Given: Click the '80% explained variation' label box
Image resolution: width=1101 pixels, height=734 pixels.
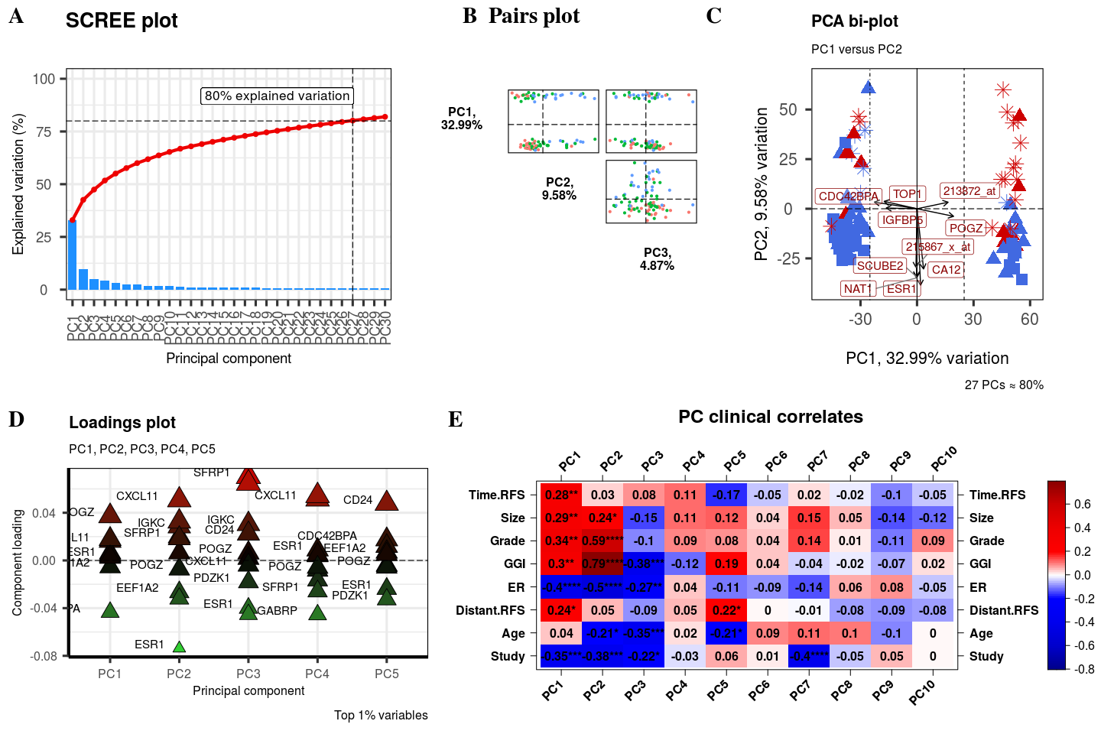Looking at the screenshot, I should (x=277, y=96).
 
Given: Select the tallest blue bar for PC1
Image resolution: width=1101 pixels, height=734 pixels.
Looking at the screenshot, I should (x=73, y=255).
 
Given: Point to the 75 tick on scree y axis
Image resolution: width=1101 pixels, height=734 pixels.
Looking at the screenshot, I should (x=44, y=132).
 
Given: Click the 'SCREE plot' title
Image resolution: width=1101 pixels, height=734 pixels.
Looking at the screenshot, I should (x=122, y=21).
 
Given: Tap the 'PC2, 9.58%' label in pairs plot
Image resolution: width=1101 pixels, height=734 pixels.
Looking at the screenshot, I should (x=559, y=189).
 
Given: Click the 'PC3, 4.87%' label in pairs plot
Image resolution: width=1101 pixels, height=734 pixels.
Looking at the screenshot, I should (x=657, y=259).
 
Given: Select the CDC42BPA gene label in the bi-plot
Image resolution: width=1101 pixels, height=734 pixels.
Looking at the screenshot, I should (x=848, y=196).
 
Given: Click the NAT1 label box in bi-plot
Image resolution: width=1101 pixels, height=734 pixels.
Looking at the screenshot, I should (x=857, y=289).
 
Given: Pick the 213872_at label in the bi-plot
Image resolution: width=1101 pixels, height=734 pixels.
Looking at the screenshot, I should (x=969, y=191).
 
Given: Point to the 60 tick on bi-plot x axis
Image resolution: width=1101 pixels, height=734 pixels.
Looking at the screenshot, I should (x=1029, y=320).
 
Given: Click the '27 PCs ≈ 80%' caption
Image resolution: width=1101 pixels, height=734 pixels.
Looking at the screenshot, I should (x=1003, y=385).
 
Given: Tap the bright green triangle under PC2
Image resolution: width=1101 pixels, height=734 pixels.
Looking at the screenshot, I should (x=179, y=647).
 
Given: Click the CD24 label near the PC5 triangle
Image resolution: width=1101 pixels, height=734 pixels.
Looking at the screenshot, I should (x=358, y=500).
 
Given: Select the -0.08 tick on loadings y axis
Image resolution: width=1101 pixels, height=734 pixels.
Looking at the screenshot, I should (x=44, y=656).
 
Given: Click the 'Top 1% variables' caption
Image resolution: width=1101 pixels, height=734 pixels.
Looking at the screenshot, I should (x=381, y=716).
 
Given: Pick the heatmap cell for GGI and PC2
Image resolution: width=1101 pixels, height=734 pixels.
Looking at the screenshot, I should (x=602, y=564).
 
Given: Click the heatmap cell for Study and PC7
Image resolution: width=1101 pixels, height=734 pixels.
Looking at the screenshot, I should (x=809, y=656).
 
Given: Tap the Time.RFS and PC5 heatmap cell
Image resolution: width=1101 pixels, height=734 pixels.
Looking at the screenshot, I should (x=726, y=495).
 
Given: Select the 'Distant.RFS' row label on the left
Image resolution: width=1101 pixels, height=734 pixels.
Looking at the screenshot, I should (x=490, y=610).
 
